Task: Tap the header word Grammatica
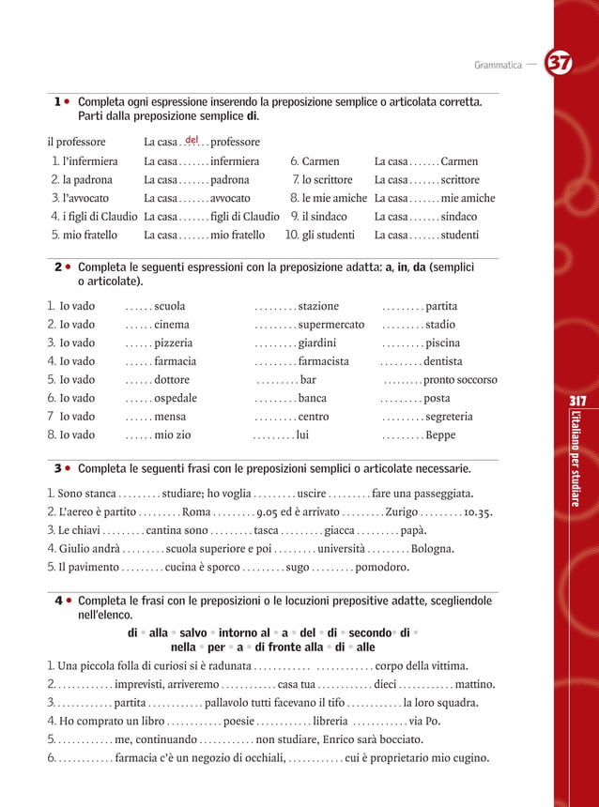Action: pyautogui.click(x=498, y=65)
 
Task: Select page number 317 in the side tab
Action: pyautogui.click(x=578, y=402)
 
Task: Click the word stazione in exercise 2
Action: pyautogui.click(x=318, y=305)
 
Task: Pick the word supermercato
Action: pyautogui.click(x=330, y=325)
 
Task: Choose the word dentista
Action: pyautogui.click(x=442, y=361)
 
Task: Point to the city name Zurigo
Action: pyautogui.click(x=406, y=512)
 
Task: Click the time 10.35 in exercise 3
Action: pyautogui.click(x=478, y=512)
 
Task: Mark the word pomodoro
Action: pyautogui.click(x=382, y=568)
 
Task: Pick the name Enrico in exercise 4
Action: pyautogui.click(x=356, y=739)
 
